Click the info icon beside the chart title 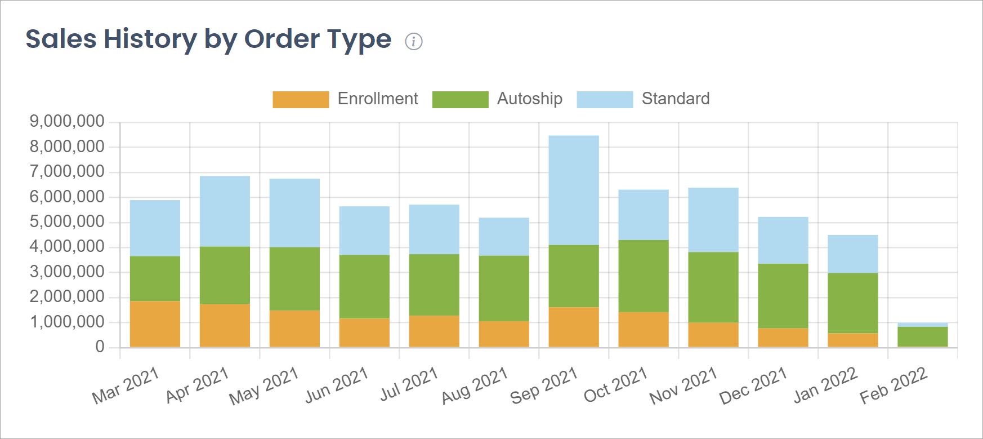tap(414, 41)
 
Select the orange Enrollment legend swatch tap(301, 100)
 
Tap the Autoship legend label tap(529, 99)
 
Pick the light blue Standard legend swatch tap(605, 100)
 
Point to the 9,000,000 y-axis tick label tap(67, 121)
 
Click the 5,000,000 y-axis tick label tap(67, 221)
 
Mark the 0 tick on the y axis tap(100, 347)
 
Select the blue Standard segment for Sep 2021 tap(574, 190)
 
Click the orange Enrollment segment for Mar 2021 tap(155, 324)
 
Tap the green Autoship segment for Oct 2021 tap(644, 276)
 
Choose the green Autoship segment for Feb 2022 tap(922, 336)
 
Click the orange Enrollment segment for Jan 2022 tap(852, 340)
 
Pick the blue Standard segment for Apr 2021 tap(225, 211)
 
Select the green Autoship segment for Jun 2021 tap(364, 286)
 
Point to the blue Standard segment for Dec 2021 tap(783, 240)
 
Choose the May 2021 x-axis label tap(263, 386)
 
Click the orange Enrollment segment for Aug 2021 tap(504, 334)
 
